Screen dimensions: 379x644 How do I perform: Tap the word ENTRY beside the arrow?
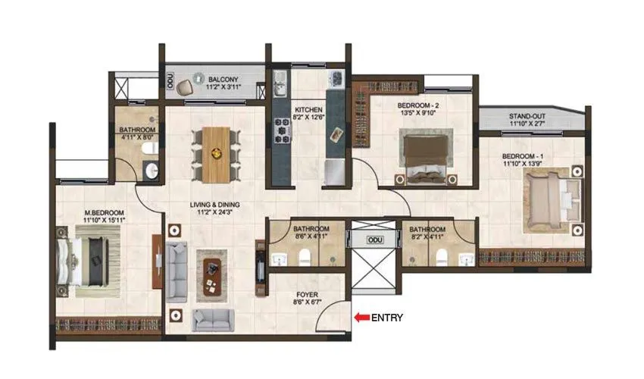pos(386,318)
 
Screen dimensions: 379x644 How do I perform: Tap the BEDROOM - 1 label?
pos(523,155)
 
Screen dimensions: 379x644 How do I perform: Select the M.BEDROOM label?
pos(105,213)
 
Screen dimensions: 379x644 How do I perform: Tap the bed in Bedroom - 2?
pos(424,155)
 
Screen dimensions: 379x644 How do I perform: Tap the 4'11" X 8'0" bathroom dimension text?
pos(137,139)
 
